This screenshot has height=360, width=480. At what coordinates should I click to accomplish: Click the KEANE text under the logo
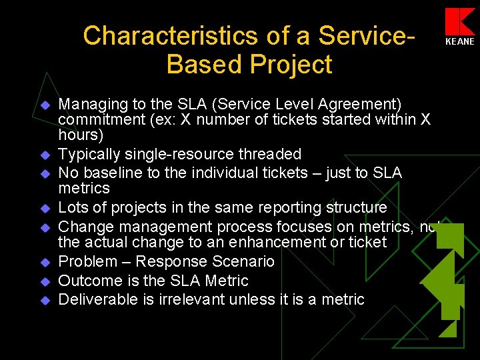pyautogui.click(x=461, y=41)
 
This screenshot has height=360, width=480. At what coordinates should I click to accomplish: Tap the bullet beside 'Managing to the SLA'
pyautogui.click(x=45, y=105)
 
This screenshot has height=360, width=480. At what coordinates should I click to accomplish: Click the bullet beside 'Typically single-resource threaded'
pyautogui.click(x=45, y=155)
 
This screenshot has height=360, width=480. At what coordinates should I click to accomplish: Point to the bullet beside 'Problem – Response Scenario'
pyautogui.click(x=45, y=263)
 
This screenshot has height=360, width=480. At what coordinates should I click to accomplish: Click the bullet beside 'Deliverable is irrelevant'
pyautogui.click(x=45, y=300)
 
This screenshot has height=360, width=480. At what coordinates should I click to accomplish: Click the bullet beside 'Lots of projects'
pyautogui.click(x=45, y=209)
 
